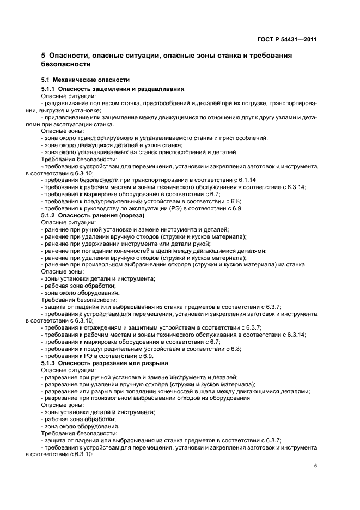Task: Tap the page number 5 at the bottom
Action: tap(315, 466)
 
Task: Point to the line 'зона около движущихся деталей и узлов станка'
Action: tap(112, 145)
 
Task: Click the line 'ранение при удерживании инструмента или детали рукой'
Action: tap(125, 244)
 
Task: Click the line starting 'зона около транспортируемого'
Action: tap(154, 138)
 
